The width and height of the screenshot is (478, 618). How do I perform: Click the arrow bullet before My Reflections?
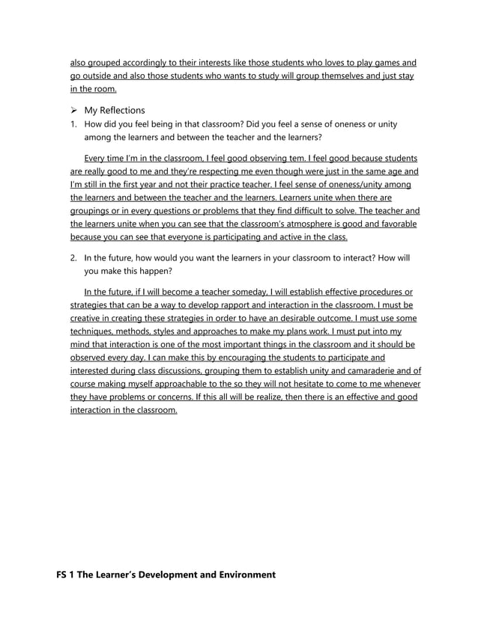click(74, 110)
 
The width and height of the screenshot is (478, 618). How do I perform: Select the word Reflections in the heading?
click(123, 110)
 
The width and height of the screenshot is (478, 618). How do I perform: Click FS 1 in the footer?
click(69, 575)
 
